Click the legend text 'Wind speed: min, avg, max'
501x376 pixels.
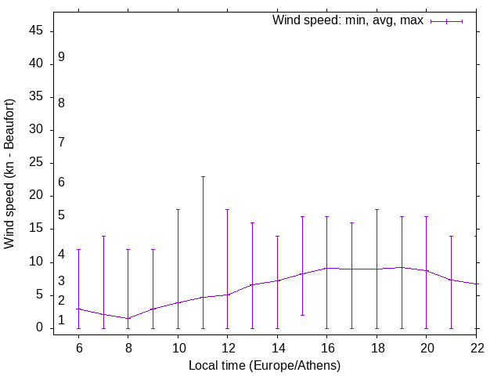(x=348, y=20)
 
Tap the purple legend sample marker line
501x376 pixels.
(x=446, y=21)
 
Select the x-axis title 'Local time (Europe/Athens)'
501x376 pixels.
(x=265, y=365)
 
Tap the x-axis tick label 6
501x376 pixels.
(x=78, y=346)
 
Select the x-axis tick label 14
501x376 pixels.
(x=277, y=346)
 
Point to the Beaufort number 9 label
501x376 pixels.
(x=61, y=57)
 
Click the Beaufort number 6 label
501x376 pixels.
(x=61, y=183)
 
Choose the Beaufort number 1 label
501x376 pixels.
(x=61, y=320)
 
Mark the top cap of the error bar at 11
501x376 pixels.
(x=203, y=176)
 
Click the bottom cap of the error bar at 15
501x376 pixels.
(x=302, y=315)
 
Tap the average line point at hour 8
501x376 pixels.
(x=128, y=318)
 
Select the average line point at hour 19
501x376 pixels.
(x=402, y=267)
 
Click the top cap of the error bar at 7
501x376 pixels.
(x=103, y=236)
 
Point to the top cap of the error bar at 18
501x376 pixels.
(x=377, y=209)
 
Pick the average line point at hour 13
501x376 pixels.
(x=252, y=284)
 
